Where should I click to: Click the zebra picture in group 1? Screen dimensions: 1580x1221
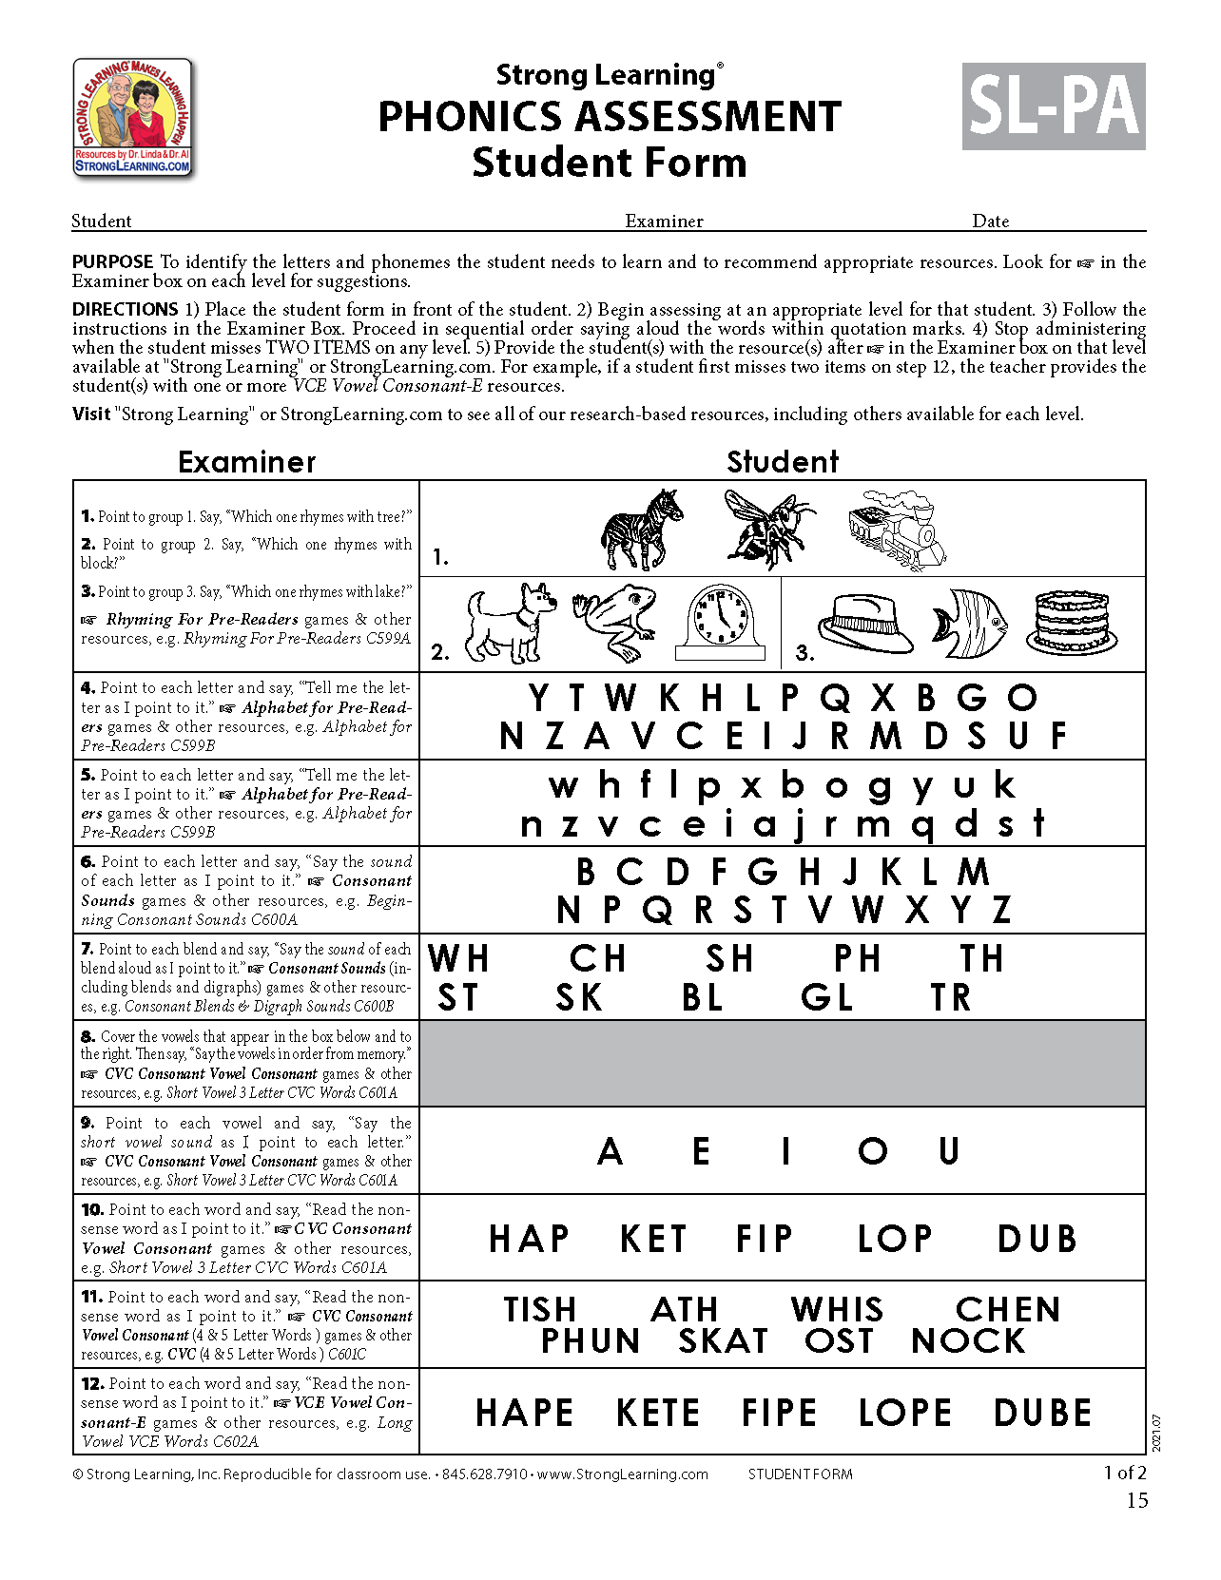pyautogui.click(x=643, y=529)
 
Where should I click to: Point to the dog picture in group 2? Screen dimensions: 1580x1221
pyautogui.click(x=512, y=622)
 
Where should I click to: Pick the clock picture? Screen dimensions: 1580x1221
pyautogui.click(x=720, y=624)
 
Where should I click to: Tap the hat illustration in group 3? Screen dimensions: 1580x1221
pyautogui.click(x=864, y=624)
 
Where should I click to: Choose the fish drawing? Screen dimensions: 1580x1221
pyautogui.click(x=969, y=624)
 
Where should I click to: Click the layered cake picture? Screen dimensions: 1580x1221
pyautogui.click(x=1072, y=622)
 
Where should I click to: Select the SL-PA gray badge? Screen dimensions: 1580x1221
pyautogui.click(x=1054, y=106)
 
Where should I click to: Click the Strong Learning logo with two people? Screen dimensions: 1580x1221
pyautogui.click(x=133, y=118)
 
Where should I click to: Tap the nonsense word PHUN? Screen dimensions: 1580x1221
pyautogui.click(x=591, y=1341)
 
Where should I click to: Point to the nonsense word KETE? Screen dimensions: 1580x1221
pyautogui.click(x=658, y=1413)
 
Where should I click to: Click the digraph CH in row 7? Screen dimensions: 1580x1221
pyautogui.click(x=598, y=959)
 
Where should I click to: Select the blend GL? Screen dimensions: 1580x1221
pyautogui.click(x=827, y=998)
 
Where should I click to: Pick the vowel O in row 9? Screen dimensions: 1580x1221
pyautogui.click(x=873, y=1151)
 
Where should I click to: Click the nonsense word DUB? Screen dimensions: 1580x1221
pyautogui.click(x=1037, y=1239)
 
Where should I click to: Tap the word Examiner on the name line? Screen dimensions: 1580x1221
pyautogui.click(x=664, y=222)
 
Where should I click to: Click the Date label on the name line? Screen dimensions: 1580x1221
pyautogui.click(x=990, y=222)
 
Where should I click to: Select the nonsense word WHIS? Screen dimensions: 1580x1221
pyautogui.click(x=837, y=1309)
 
